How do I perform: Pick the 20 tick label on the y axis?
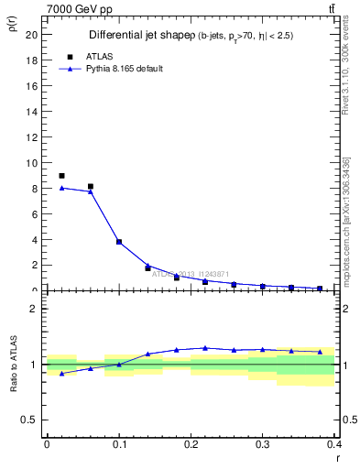(x=32, y=35)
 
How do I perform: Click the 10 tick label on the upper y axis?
(x=32, y=163)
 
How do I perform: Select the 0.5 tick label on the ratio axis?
(x=30, y=420)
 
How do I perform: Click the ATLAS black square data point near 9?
(x=61, y=176)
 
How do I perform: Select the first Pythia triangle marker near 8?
(x=61, y=188)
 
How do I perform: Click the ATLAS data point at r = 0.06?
(x=90, y=186)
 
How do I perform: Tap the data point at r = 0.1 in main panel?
(x=119, y=242)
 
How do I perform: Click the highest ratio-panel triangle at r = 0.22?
(x=205, y=348)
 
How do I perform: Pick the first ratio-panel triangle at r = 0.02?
(x=61, y=374)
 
